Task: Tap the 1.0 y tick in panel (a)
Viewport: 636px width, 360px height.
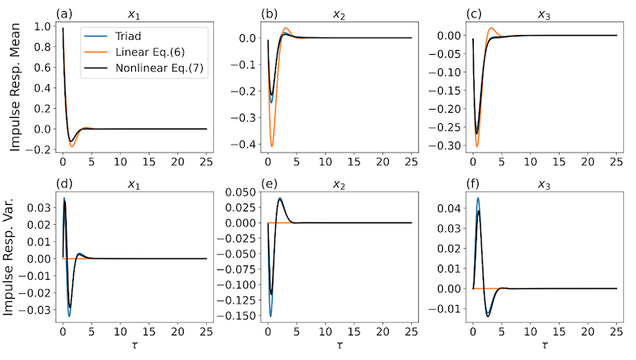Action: [43, 26]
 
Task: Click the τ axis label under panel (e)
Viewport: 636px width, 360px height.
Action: [339, 347]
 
